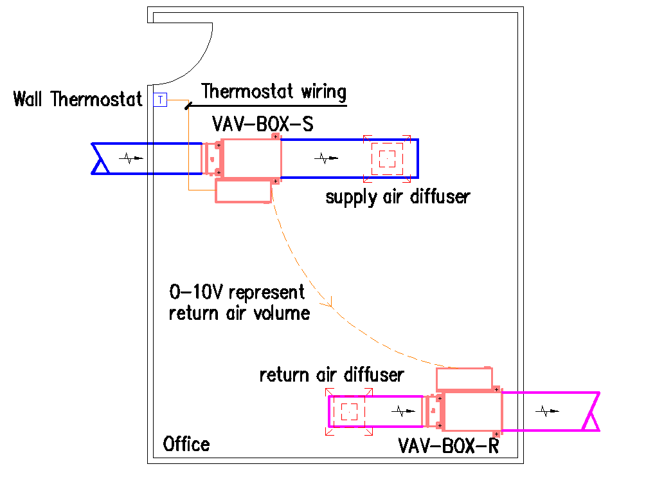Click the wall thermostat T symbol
point(160,100)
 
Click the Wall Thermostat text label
point(78,100)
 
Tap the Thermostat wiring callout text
point(274,91)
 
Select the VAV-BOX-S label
point(262,124)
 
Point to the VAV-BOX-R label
point(449,446)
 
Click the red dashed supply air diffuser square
point(387,158)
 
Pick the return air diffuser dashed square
point(349,412)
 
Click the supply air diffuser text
point(397,196)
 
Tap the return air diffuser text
point(332,375)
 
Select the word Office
point(186,444)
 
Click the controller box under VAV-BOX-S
point(243,191)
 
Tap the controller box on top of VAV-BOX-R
point(464,378)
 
